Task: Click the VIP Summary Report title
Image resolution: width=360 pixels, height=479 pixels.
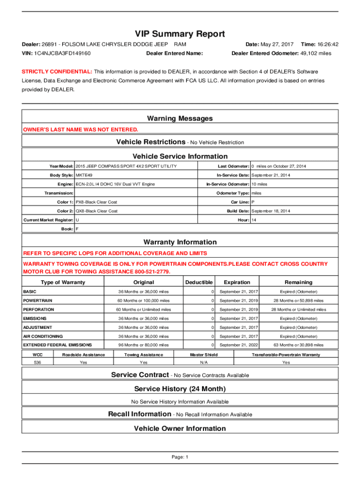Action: click(180, 34)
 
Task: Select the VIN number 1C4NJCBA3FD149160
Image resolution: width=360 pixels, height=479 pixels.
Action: click(62, 53)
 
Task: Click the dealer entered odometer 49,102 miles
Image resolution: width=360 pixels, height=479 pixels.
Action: click(316, 53)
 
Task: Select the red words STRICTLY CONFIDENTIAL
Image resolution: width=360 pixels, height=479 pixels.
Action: click(58, 72)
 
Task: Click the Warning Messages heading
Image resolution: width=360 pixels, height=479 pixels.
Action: click(180, 118)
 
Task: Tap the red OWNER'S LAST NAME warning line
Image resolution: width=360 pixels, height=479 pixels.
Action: click(81, 130)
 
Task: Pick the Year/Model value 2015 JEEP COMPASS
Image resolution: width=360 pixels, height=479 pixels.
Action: click(126, 167)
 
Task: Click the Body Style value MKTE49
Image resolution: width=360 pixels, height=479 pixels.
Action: click(84, 175)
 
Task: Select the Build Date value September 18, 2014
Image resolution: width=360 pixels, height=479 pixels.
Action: click(271, 211)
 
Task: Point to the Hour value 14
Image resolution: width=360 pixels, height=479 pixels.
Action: click(254, 220)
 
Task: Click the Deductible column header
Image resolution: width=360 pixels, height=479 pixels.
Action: click(199, 282)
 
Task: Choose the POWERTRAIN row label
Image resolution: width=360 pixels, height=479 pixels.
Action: click(38, 300)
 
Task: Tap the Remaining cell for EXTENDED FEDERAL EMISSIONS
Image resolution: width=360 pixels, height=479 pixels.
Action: click(298, 345)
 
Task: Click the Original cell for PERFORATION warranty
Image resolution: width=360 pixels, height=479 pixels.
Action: click(144, 310)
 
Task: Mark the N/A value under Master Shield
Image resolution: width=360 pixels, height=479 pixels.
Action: click(203, 363)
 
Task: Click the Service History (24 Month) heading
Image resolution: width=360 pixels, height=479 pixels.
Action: click(180, 389)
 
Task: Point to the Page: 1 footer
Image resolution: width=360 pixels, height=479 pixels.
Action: click(180, 457)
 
